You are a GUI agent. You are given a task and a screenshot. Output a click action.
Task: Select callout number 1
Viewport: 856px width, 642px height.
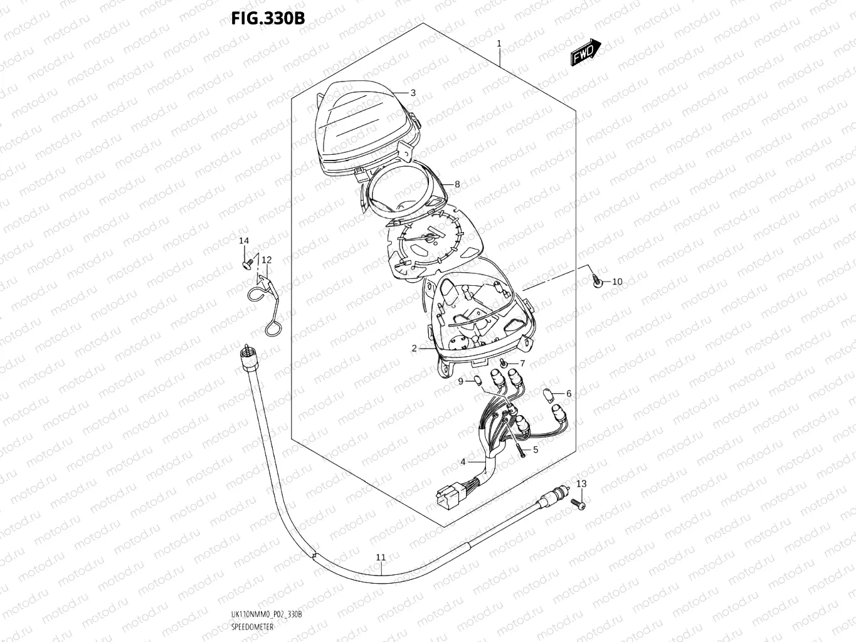pos(499,44)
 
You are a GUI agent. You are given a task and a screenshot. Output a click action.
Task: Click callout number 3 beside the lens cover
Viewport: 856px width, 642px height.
pos(413,93)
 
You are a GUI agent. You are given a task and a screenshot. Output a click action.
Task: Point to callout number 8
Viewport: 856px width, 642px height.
pos(457,184)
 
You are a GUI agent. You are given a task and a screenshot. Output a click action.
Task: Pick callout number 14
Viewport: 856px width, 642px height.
pos(243,241)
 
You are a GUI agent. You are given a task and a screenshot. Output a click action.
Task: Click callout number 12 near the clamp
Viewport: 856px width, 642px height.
pos(267,260)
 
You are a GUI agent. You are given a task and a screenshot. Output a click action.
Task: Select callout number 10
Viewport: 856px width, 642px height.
pos(617,282)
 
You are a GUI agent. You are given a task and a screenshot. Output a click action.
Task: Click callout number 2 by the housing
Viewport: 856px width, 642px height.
pos(414,349)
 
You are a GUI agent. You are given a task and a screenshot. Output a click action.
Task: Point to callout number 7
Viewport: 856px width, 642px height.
pos(522,364)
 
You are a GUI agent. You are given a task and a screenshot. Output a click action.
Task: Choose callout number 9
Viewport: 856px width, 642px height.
pos(460,381)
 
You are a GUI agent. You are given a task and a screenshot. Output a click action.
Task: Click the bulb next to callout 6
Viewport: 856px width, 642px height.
pos(547,395)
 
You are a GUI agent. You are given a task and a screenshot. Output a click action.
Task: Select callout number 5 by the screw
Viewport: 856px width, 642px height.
pos(535,450)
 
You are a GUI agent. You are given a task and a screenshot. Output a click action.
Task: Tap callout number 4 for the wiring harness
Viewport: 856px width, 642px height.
pos(463,462)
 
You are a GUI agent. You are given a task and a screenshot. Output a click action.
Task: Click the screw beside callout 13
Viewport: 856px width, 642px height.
pos(581,505)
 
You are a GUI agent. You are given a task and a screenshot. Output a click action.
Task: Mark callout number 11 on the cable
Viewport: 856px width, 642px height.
pos(381,557)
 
